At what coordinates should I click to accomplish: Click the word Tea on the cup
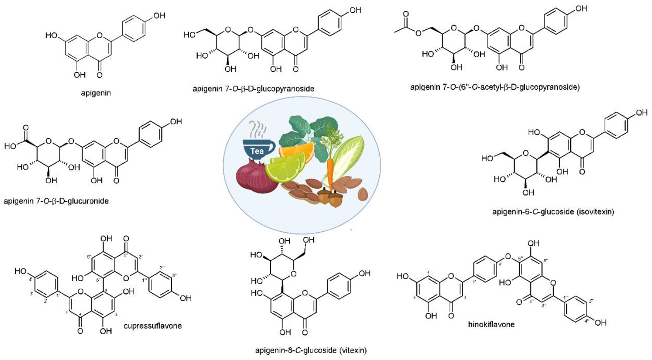tap(257, 151)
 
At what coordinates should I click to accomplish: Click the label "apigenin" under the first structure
tap(96, 93)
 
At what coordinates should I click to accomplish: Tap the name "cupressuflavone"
tap(152, 326)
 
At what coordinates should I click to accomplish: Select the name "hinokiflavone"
tap(491, 324)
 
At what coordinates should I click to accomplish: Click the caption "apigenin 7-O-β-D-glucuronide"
tap(56, 201)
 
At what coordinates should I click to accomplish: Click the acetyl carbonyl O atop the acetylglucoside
tap(406, 14)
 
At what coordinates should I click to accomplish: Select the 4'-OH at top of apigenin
tap(159, 15)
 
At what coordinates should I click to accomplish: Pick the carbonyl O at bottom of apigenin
tap(99, 75)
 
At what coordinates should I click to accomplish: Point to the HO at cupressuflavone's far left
tap(20, 272)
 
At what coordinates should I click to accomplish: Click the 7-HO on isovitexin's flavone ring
tap(534, 132)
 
